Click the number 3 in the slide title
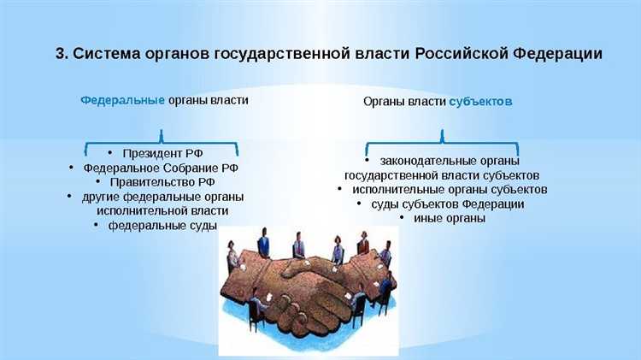pyautogui.click(x=61, y=53)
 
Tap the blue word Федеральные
pyautogui.click(x=122, y=100)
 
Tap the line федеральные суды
pyautogui.click(x=162, y=225)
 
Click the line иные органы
pyautogui.click(x=449, y=218)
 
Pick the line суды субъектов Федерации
pyautogui.click(x=447, y=204)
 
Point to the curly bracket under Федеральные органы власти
pyautogui.click(x=162, y=136)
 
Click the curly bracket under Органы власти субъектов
pyautogui.click(x=441, y=137)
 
